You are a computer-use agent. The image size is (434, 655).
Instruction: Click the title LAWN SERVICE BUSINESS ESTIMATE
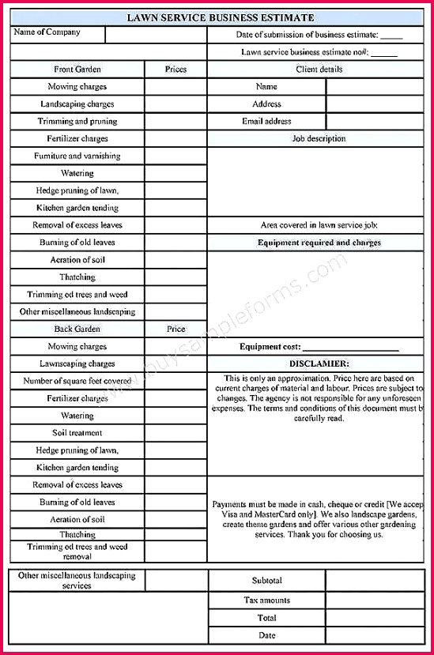pyautogui.click(x=221, y=17)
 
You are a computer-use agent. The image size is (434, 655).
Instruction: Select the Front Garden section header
pyautogui.click(x=77, y=70)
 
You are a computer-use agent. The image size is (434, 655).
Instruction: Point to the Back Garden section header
pyautogui.click(x=77, y=329)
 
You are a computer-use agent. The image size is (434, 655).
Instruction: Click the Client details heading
pyautogui.click(x=319, y=70)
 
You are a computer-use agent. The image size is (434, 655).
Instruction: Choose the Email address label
pyautogui.click(x=266, y=122)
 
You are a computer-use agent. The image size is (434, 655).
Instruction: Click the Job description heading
pyautogui.click(x=319, y=139)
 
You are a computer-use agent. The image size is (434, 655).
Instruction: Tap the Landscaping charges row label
pyautogui.click(x=77, y=104)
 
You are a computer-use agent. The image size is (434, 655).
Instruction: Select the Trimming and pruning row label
pyautogui.click(x=77, y=122)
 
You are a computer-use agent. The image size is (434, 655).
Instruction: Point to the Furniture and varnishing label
pyautogui.click(x=77, y=156)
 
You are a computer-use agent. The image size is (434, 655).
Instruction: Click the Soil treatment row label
pyautogui.click(x=77, y=433)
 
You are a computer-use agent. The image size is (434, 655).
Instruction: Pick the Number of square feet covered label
pyautogui.click(x=77, y=381)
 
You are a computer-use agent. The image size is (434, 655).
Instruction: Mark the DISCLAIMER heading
pyautogui.click(x=319, y=363)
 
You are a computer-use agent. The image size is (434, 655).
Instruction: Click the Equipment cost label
pyautogui.click(x=270, y=347)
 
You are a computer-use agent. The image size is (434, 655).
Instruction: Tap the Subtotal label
pyautogui.click(x=266, y=581)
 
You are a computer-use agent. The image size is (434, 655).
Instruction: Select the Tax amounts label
pyautogui.click(x=266, y=600)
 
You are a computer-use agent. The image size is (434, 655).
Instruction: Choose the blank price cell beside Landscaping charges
pyautogui.click(x=175, y=104)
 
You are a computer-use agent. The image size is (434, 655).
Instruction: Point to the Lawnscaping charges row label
pyautogui.click(x=77, y=363)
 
